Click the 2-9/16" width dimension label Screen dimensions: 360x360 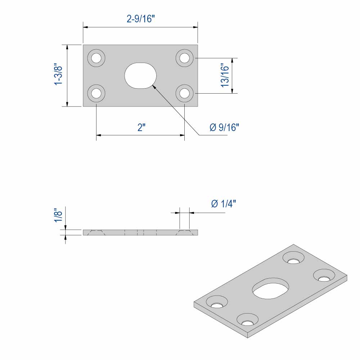point(140,19)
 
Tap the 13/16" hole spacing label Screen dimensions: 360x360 point(225,75)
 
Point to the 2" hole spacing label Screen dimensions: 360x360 point(141,127)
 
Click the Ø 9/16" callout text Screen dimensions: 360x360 point(224,127)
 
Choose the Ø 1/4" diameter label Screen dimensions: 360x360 point(224,204)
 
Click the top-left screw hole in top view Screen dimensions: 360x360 point(96,58)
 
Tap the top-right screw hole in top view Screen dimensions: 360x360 point(185,58)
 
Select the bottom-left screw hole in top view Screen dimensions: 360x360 point(96,93)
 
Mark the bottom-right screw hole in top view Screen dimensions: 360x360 point(185,93)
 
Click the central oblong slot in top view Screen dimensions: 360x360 point(140,75)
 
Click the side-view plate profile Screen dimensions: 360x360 point(140,233)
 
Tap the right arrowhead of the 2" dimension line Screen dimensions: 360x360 point(182,135)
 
